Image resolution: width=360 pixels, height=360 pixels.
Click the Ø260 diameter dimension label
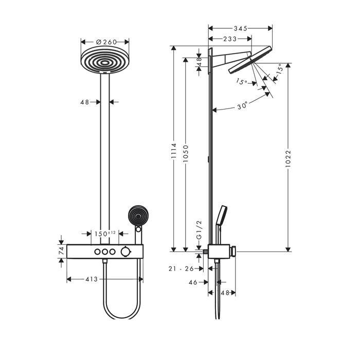tap(106, 42)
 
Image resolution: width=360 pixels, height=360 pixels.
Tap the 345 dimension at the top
tap(240, 28)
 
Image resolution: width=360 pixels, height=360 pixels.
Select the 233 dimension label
tap(230, 39)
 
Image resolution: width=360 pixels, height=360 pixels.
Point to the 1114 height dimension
tap(174, 151)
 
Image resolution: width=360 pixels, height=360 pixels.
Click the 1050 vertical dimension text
tap(186, 154)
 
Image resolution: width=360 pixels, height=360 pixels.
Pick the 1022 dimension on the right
tap(288, 158)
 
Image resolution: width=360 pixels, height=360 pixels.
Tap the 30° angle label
tap(242, 105)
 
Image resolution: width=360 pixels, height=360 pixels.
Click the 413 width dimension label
tap(92, 279)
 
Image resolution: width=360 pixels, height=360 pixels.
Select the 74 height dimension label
tap(61, 251)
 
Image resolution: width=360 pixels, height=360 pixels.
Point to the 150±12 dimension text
tap(105, 233)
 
